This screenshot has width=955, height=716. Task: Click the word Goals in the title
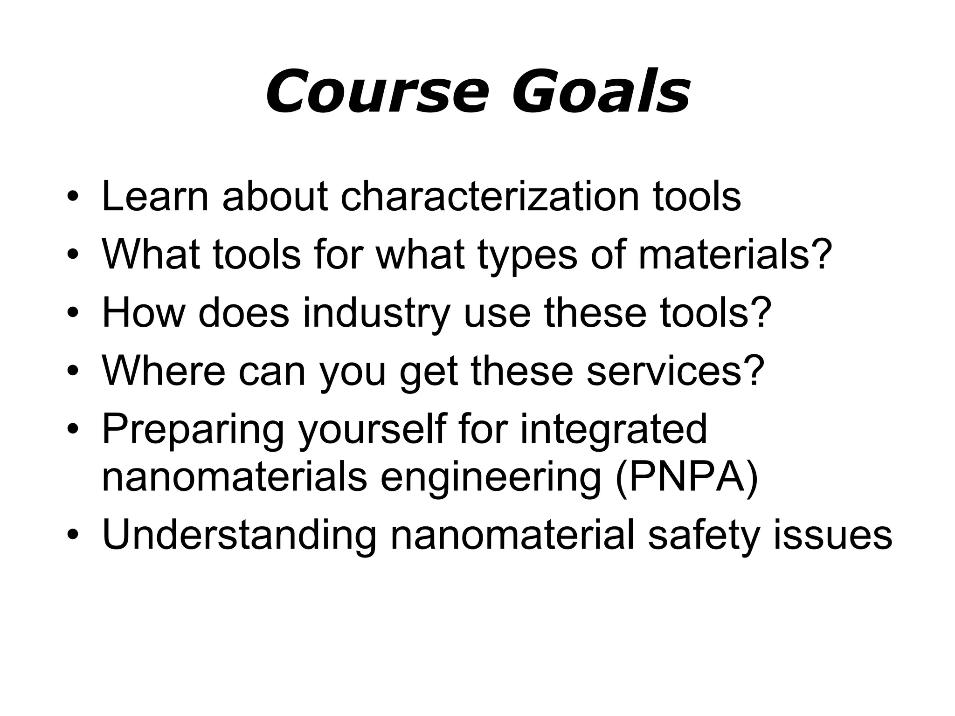(601, 92)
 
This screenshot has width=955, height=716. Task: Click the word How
(144, 313)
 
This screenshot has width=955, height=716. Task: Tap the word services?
(676, 371)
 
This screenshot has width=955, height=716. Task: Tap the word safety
(704, 536)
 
